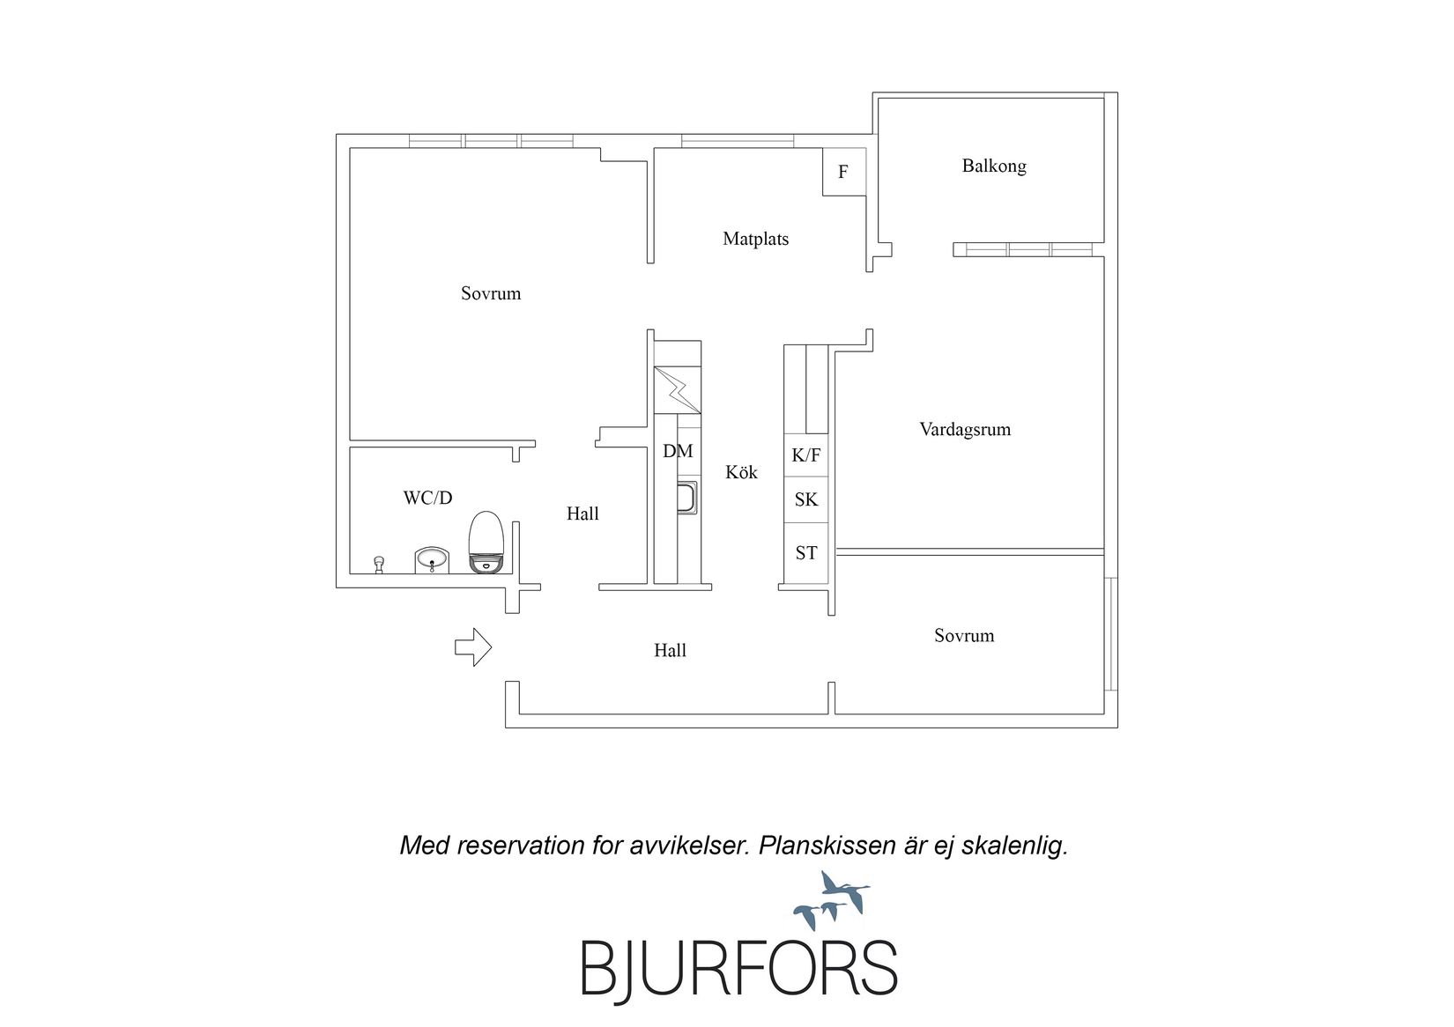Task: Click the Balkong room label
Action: point(994,166)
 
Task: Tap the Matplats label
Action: point(755,239)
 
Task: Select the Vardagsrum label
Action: point(965,430)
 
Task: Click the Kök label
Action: point(741,472)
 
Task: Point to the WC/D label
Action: point(427,499)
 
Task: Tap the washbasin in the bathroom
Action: point(432,559)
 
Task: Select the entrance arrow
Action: point(472,646)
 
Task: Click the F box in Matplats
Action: point(843,172)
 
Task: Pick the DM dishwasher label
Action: point(678,452)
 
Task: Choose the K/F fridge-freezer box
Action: point(806,455)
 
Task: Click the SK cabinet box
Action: point(806,499)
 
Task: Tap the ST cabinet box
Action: point(806,553)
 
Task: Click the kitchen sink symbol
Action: point(687,498)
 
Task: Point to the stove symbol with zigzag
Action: point(677,389)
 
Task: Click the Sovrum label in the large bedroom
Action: point(491,293)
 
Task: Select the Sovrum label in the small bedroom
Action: point(964,636)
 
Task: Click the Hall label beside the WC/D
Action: point(582,513)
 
